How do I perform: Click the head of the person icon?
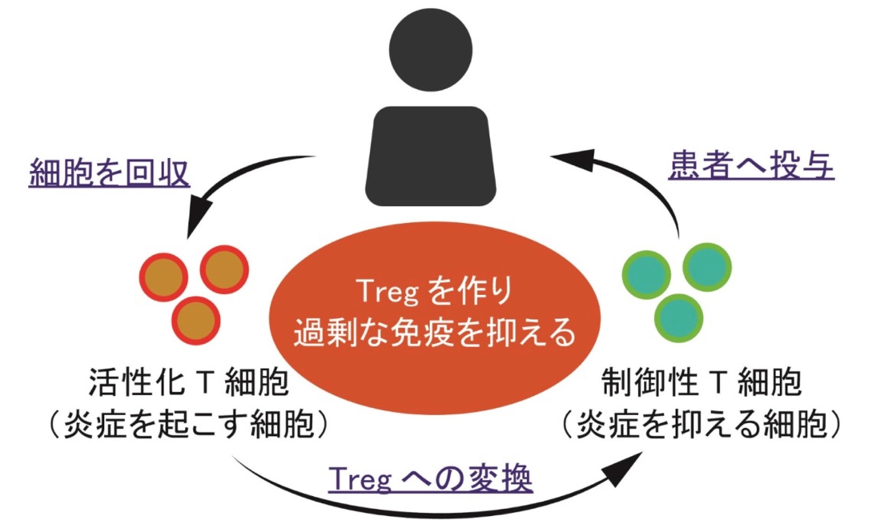(x=430, y=50)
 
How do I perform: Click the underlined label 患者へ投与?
(x=751, y=165)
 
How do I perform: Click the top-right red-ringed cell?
(x=225, y=269)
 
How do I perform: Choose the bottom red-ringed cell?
(x=196, y=320)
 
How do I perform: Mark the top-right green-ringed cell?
(x=707, y=267)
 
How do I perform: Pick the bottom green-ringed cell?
(x=679, y=318)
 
